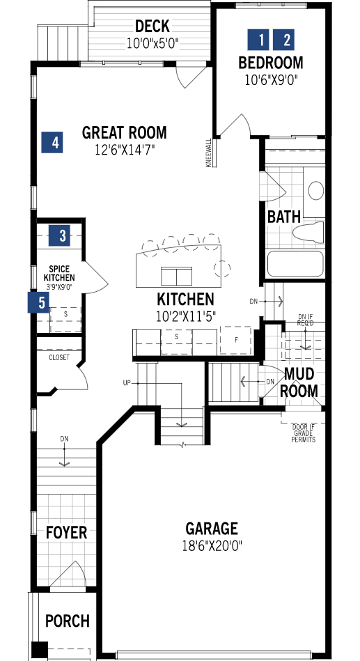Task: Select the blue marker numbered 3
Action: coord(63,235)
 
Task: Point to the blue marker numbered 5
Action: coord(40,303)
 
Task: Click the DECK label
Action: coord(152,26)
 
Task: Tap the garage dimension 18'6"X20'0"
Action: coord(211,545)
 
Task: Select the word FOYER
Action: coord(67,533)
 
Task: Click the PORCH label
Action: coord(68,620)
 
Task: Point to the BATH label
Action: coord(283,217)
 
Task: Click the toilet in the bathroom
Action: coord(306,233)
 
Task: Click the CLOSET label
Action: coord(59,357)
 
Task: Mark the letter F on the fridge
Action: coord(237,340)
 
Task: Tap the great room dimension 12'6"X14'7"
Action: coord(124,149)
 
